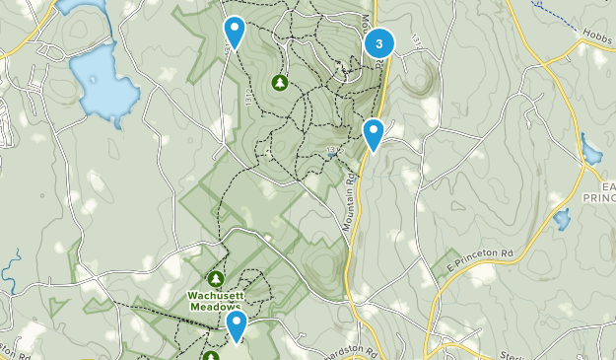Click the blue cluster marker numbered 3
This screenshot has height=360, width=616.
379,44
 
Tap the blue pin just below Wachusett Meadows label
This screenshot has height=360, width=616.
236,324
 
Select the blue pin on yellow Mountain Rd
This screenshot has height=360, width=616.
373,133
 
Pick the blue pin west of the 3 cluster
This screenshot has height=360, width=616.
234,31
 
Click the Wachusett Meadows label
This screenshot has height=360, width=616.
217,300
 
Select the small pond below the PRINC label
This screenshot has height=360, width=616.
562,219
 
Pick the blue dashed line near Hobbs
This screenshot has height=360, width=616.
557,13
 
